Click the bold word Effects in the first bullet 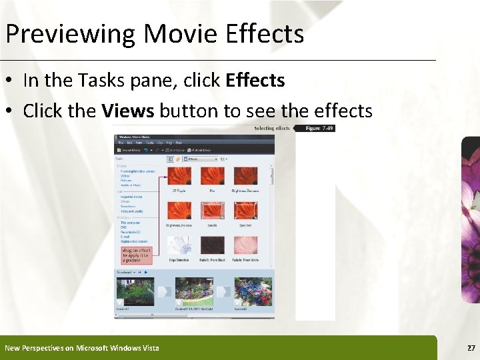255,81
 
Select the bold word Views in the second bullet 128,111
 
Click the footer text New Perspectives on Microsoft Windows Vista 82,348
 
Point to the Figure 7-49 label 319,128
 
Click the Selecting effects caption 272,128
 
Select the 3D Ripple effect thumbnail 179,176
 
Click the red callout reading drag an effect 137,256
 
